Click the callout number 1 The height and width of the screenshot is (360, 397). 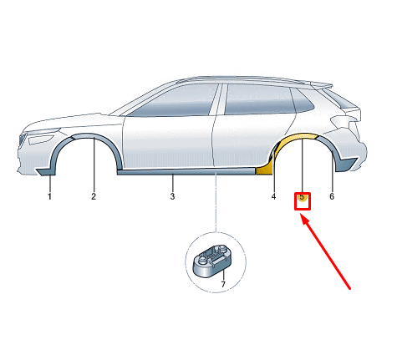coord(49,196)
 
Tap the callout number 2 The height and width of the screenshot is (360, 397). coord(94,196)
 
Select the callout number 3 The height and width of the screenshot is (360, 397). coord(172,196)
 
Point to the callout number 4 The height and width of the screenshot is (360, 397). coord(273,196)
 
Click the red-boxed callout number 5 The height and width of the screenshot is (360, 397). coord(303,200)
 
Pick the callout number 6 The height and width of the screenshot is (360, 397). coord(332,196)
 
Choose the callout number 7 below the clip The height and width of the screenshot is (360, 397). coord(223,285)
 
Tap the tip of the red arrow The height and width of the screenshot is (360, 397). coord(303,215)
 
